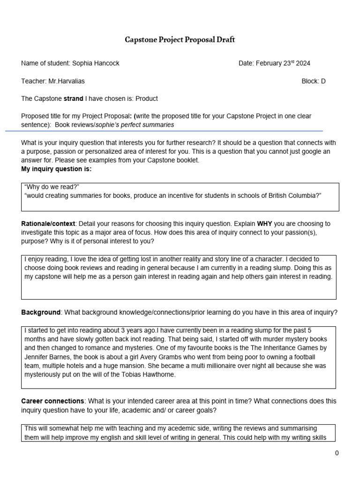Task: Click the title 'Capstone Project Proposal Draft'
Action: pos(180,40)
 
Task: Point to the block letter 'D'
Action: pos(323,81)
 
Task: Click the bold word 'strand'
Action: pos(73,98)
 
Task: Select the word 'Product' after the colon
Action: pos(146,98)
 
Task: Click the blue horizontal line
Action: pos(164,131)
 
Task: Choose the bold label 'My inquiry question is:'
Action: pos(56,169)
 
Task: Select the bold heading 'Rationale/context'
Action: pos(50,224)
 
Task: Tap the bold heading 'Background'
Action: pos(41,312)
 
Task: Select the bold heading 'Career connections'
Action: pos(52,401)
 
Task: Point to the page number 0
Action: pos(337,453)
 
